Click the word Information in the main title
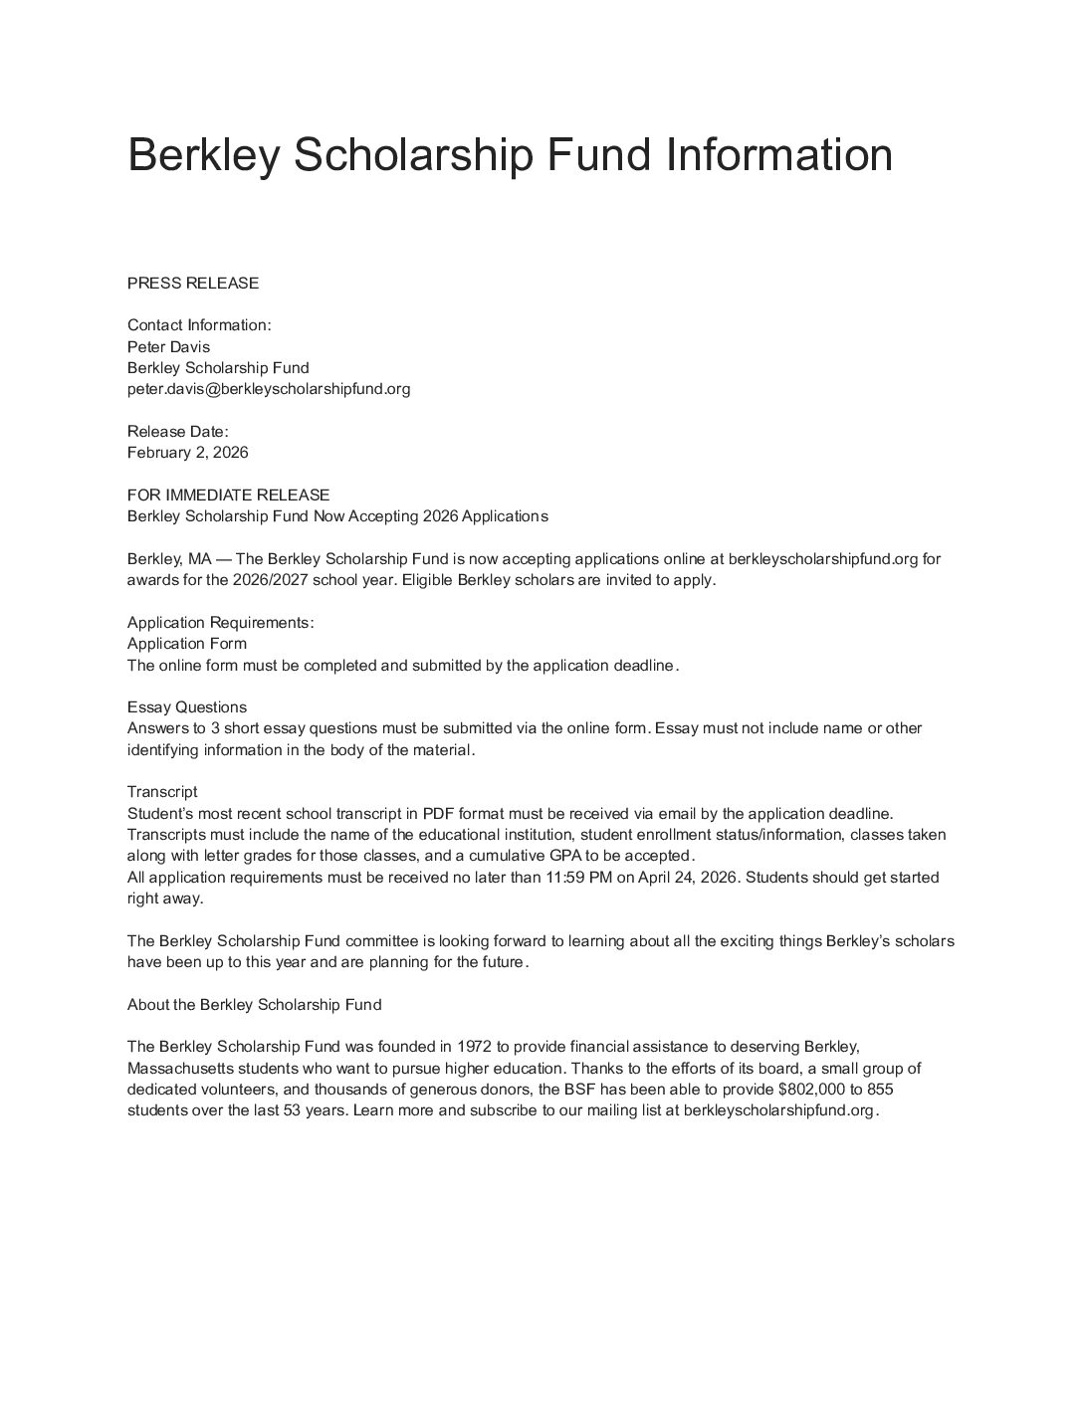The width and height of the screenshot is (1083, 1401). [778, 155]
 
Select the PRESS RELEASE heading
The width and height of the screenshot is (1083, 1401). [193, 283]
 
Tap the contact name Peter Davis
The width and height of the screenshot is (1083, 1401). [168, 346]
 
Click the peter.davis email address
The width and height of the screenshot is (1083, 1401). [269, 389]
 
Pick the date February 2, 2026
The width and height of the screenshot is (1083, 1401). [188, 453]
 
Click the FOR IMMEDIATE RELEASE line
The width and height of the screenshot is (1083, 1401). [228, 495]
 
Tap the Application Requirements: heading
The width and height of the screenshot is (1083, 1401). [221, 623]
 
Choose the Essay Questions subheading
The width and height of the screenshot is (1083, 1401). [187, 707]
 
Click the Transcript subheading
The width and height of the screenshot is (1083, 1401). [162, 792]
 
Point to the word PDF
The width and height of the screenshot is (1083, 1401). [439, 814]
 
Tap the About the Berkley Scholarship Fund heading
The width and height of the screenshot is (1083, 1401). [255, 1005]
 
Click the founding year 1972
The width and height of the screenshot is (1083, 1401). [474, 1047]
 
